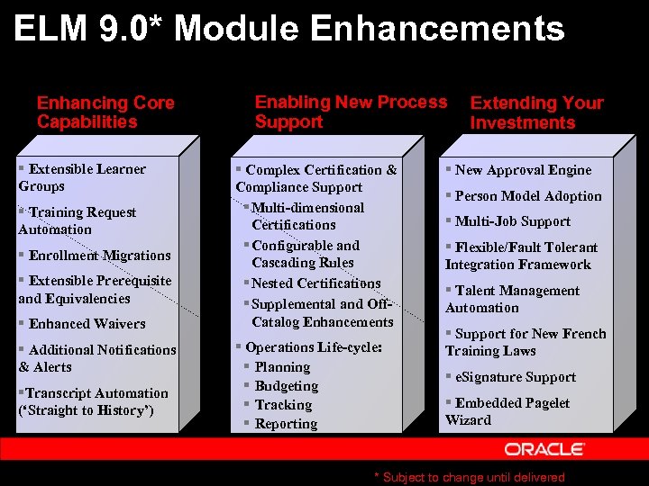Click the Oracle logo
(544, 449)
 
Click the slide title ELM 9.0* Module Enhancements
(289, 30)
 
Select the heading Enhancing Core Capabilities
(105, 112)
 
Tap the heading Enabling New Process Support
(350, 112)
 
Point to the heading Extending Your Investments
(536, 112)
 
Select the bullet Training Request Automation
(78, 220)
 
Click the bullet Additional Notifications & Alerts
(97, 358)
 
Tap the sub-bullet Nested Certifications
(315, 283)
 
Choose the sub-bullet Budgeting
(287, 386)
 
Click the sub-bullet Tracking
(283, 405)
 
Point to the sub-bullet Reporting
(286, 424)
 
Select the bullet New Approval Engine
(523, 170)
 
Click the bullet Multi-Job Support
(512, 221)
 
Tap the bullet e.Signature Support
(515, 377)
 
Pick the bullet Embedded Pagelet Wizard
(507, 411)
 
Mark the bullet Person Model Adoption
(527, 196)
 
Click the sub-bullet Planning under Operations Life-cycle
(282, 367)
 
